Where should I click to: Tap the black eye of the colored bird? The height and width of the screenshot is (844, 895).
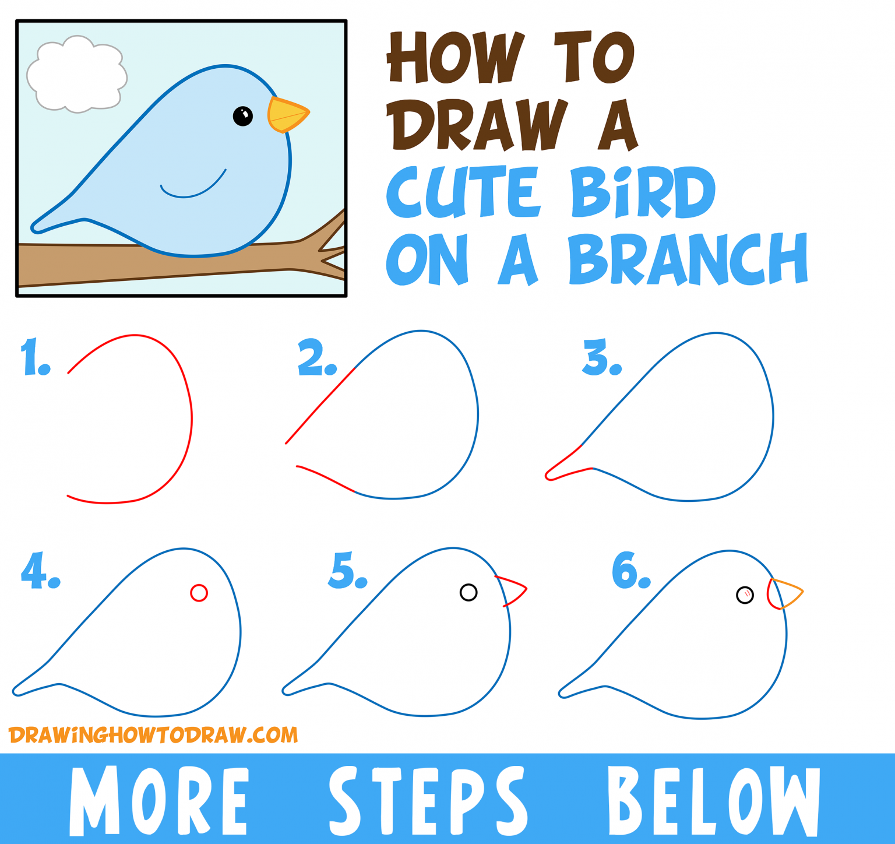tap(242, 116)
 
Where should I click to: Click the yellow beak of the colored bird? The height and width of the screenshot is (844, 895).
tap(287, 115)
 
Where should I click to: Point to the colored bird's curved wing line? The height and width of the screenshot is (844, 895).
tap(192, 189)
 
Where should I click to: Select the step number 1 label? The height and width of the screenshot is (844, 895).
tap(35, 357)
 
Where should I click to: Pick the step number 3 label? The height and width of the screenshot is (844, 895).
tap(602, 357)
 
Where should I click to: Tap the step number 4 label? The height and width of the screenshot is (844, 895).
tap(40, 571)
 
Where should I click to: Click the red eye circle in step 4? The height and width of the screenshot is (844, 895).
tap(199, 593)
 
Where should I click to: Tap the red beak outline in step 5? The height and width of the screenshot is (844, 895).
tap(513, 590)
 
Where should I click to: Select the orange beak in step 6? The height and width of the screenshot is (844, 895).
tap(788, 593)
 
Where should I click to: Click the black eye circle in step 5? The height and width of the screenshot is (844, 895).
tap(468, 593)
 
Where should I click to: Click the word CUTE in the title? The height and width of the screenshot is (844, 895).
tap(460, 192)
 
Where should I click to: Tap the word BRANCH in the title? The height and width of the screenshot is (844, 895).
tap(688, 259)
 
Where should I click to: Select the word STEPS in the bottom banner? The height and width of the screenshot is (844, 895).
tap(428, 800)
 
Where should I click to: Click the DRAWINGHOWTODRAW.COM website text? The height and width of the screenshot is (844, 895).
tap(153, 735)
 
